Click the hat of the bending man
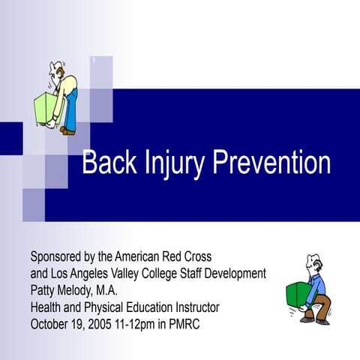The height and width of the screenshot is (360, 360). coord(55,67)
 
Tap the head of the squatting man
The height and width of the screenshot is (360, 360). coord(311,263)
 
